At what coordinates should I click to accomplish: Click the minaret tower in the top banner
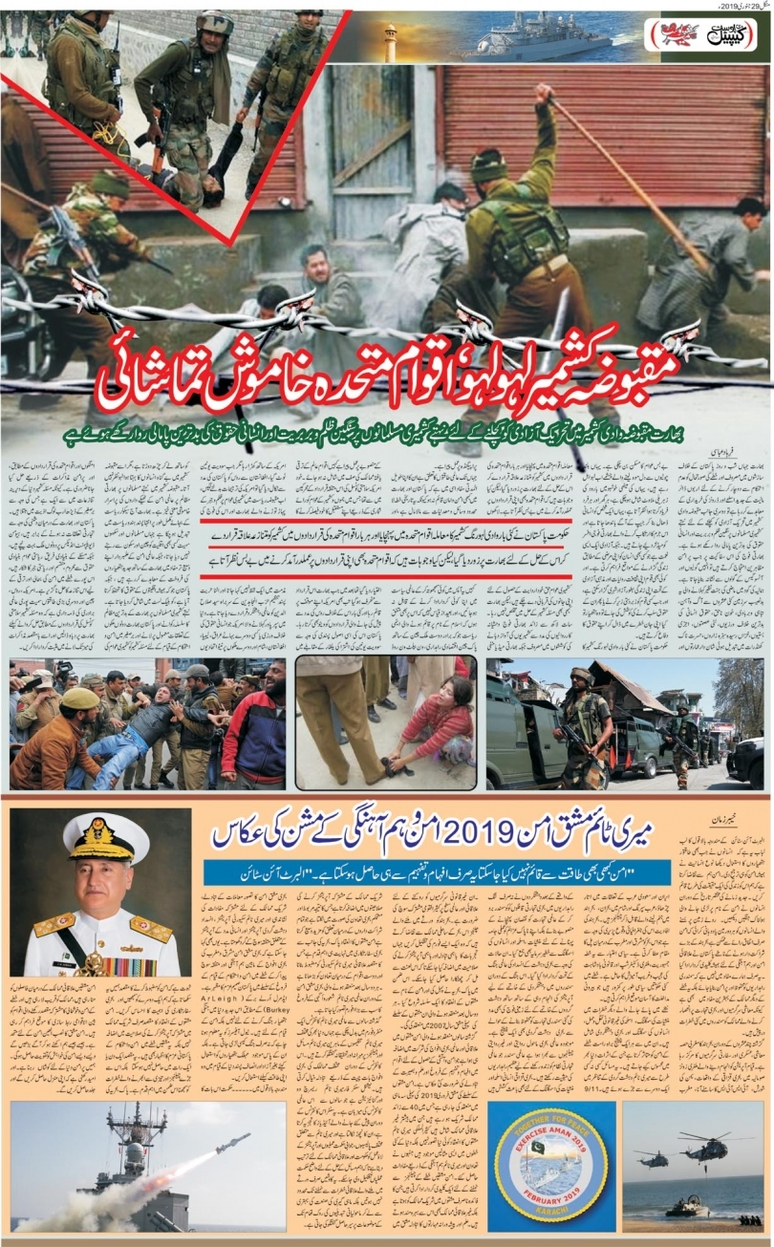click(391, 43)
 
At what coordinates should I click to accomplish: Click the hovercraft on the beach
click(684, 1206)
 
